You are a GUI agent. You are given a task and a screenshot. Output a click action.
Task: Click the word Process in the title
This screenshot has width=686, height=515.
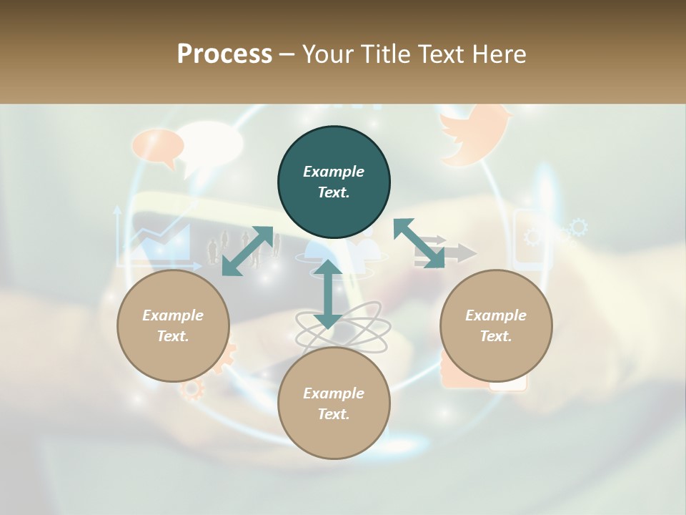[x=224, y=54]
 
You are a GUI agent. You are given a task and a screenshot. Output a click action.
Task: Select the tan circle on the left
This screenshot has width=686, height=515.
[x=173, y=325]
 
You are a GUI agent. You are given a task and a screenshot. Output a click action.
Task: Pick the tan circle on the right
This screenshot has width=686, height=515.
[x=496, y=325]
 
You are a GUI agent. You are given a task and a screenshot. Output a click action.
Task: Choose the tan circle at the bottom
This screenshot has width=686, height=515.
[x=334, y=403]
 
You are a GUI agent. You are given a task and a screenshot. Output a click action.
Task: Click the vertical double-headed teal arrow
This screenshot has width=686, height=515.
[x=328, y=294]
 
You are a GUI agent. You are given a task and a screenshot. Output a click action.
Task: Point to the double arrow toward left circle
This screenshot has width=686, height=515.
[x=247, y=250]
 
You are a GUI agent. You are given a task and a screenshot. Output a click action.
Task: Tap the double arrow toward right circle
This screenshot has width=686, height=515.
[x=419, y=243]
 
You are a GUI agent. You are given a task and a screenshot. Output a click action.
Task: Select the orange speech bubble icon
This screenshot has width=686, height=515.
[x=158, y=147]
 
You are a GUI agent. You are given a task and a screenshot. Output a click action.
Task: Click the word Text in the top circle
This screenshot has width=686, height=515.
[x=334, y=192]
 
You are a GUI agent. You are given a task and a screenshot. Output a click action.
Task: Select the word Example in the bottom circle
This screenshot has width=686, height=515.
[x=334, y=393]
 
